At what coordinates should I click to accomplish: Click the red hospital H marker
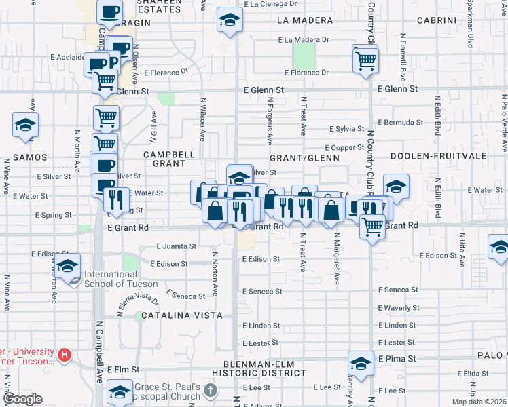point(65,354)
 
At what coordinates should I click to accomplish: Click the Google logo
point(22,399)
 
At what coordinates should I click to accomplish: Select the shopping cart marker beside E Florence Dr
point(365,59)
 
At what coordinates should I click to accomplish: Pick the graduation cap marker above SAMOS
point(26,125)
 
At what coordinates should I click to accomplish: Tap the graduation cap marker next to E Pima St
point(361,364)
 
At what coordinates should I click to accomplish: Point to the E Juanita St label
point(177,246)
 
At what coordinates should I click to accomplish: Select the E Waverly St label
point(399,308)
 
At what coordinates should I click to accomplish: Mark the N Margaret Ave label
point(335,259)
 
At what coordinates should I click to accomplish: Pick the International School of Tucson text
point(120,279)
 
